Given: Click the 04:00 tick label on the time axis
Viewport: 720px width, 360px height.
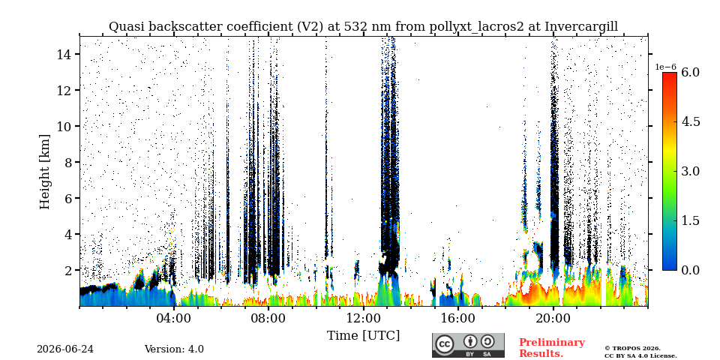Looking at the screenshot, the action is tap(175, 319).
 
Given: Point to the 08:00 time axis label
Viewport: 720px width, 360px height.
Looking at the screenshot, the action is tap(269, 319).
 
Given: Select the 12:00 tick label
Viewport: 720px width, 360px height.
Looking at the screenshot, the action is tap(364, 319).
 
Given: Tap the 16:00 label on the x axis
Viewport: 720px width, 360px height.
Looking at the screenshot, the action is tap(458, 319).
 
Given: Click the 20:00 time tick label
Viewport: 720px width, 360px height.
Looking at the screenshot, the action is tap(553, 319).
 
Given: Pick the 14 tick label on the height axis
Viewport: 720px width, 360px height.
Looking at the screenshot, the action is tap(62, 54).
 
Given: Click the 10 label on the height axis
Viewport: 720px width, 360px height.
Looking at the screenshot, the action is tap(62, 126).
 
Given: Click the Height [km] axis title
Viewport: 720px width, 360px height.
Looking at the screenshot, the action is tap(44, 172).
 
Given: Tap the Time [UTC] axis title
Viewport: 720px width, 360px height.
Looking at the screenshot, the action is tap(363, 336).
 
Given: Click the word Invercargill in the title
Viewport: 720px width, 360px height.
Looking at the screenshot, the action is tap(581, 27).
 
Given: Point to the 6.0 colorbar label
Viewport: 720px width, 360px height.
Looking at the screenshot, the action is tap(690, 72).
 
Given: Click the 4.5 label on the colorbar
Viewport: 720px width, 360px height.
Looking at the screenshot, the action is tap(690, 121).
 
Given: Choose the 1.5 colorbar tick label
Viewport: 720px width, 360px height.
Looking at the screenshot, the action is tap(690, 220).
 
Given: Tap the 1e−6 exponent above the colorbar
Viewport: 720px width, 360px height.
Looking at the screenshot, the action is tap(665, 67).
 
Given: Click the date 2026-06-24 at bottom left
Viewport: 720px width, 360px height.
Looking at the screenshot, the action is tap(65, 349).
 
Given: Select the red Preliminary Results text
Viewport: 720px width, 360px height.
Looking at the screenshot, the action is tap(552, 347).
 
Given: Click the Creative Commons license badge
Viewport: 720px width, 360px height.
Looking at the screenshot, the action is tap(468, 345).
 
